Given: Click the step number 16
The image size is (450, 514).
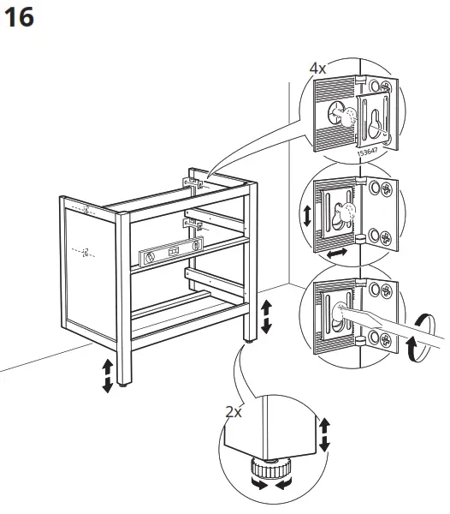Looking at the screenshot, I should [20, 18].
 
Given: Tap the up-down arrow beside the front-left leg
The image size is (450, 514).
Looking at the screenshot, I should [107, 375].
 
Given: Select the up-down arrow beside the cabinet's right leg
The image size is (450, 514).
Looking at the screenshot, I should [266, 316].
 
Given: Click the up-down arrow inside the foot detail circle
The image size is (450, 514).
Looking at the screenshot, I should [324, 433].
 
